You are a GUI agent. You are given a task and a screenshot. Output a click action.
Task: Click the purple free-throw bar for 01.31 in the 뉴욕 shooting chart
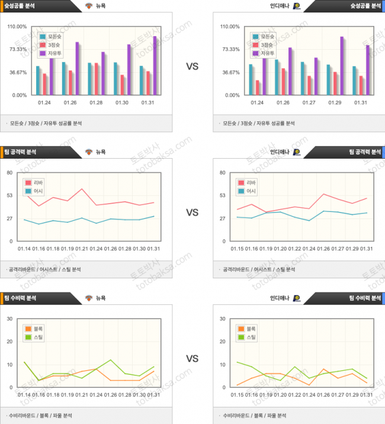click(155, 65)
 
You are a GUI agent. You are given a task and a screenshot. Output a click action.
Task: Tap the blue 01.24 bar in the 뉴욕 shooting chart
click(38, 80)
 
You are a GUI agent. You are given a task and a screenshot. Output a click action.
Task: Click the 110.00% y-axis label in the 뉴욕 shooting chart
click(17, 27)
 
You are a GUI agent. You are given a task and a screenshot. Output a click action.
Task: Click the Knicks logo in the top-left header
click(89, 5)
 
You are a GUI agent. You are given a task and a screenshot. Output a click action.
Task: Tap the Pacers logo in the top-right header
click(296, 5)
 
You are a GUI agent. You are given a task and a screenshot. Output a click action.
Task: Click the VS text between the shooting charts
click(192, 66)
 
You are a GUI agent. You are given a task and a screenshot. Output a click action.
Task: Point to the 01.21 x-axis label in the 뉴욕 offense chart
click(81, 249)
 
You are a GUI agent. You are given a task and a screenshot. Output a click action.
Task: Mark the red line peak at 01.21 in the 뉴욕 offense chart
click(82, 189)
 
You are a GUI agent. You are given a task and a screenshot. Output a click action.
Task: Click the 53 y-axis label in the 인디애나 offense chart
click(223, 195)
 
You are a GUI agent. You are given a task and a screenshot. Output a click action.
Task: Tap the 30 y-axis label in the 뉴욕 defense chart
click(9, 319)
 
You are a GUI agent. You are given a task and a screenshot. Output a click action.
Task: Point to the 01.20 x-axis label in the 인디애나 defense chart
click(281, 395)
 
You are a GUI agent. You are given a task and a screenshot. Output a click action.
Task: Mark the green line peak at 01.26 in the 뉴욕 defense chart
click(110, 359)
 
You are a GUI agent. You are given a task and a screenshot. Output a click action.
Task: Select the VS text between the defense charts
click(192, 359)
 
